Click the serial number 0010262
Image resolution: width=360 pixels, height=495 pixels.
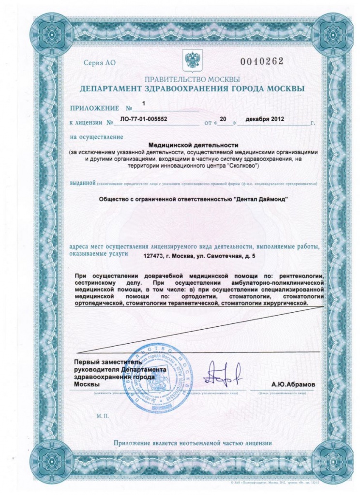tap(262, 61)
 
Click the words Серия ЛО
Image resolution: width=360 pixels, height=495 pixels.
tap(100, 63)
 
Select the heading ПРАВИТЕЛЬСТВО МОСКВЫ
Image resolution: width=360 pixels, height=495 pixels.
tap(192, 79)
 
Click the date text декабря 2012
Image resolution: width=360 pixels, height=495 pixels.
tap(264, 119)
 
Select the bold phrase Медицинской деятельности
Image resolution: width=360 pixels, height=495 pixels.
tap(193, 145)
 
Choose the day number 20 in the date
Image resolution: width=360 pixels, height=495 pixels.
tap(223, 118)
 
